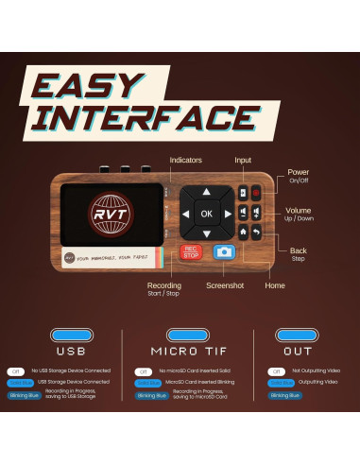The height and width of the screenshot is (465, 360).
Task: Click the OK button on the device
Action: (x=206, y=214)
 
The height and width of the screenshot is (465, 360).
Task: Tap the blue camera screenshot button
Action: (x=224, y=252)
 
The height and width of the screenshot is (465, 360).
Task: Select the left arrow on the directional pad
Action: (x=185, y=215)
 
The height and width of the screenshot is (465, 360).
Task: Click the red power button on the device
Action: (x=256, y=194)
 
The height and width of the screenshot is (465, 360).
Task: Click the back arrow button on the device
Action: (x=256, y=232)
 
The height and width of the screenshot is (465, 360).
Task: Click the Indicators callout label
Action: (x=185, y=161)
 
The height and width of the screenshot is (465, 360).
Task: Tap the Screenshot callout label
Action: (x=225, y=284)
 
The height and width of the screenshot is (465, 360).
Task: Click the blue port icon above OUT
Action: (x=293, y=335)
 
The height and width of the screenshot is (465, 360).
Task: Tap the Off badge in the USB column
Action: (x=16, y=370)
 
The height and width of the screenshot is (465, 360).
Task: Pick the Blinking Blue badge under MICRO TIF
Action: (x=149, y=395)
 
